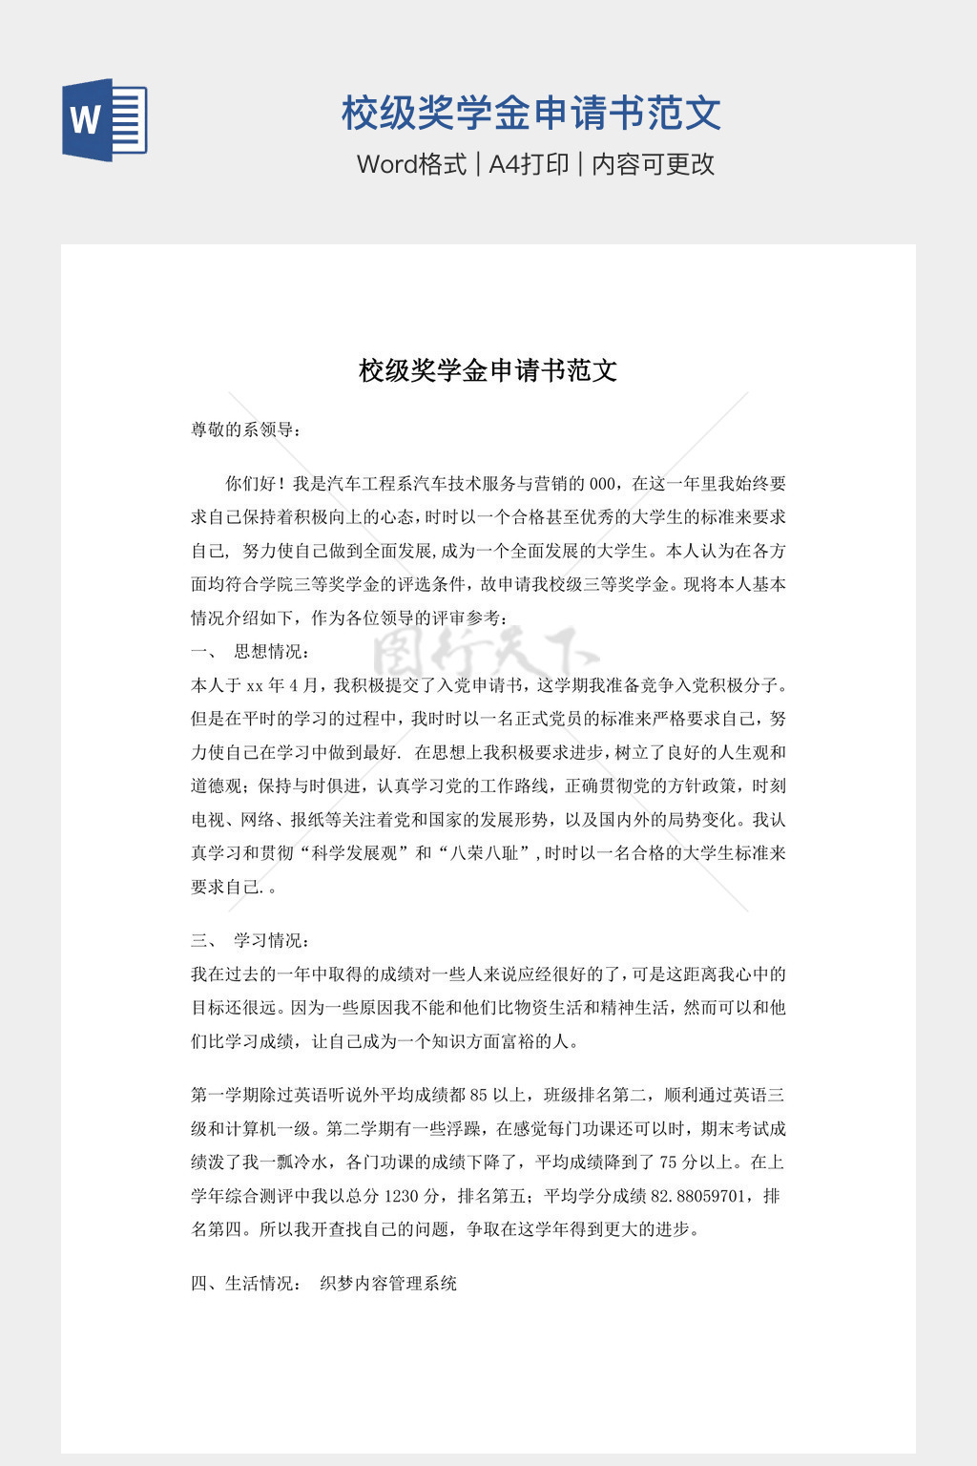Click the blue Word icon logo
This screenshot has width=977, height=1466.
point(105,119)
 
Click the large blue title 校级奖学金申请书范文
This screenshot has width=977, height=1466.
point(531,113)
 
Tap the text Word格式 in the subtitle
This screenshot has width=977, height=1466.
point(411,164)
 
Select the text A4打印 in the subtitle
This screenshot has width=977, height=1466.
point(529,164)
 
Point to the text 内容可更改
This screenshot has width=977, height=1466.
point(654,164)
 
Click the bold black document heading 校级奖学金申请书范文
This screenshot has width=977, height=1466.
point(488,370)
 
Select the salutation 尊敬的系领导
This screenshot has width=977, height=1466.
point(243,429)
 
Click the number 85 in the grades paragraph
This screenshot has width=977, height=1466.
point(479,1096)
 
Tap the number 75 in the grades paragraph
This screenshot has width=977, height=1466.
point(669,1162)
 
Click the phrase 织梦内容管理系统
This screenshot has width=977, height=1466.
point(388,1284)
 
